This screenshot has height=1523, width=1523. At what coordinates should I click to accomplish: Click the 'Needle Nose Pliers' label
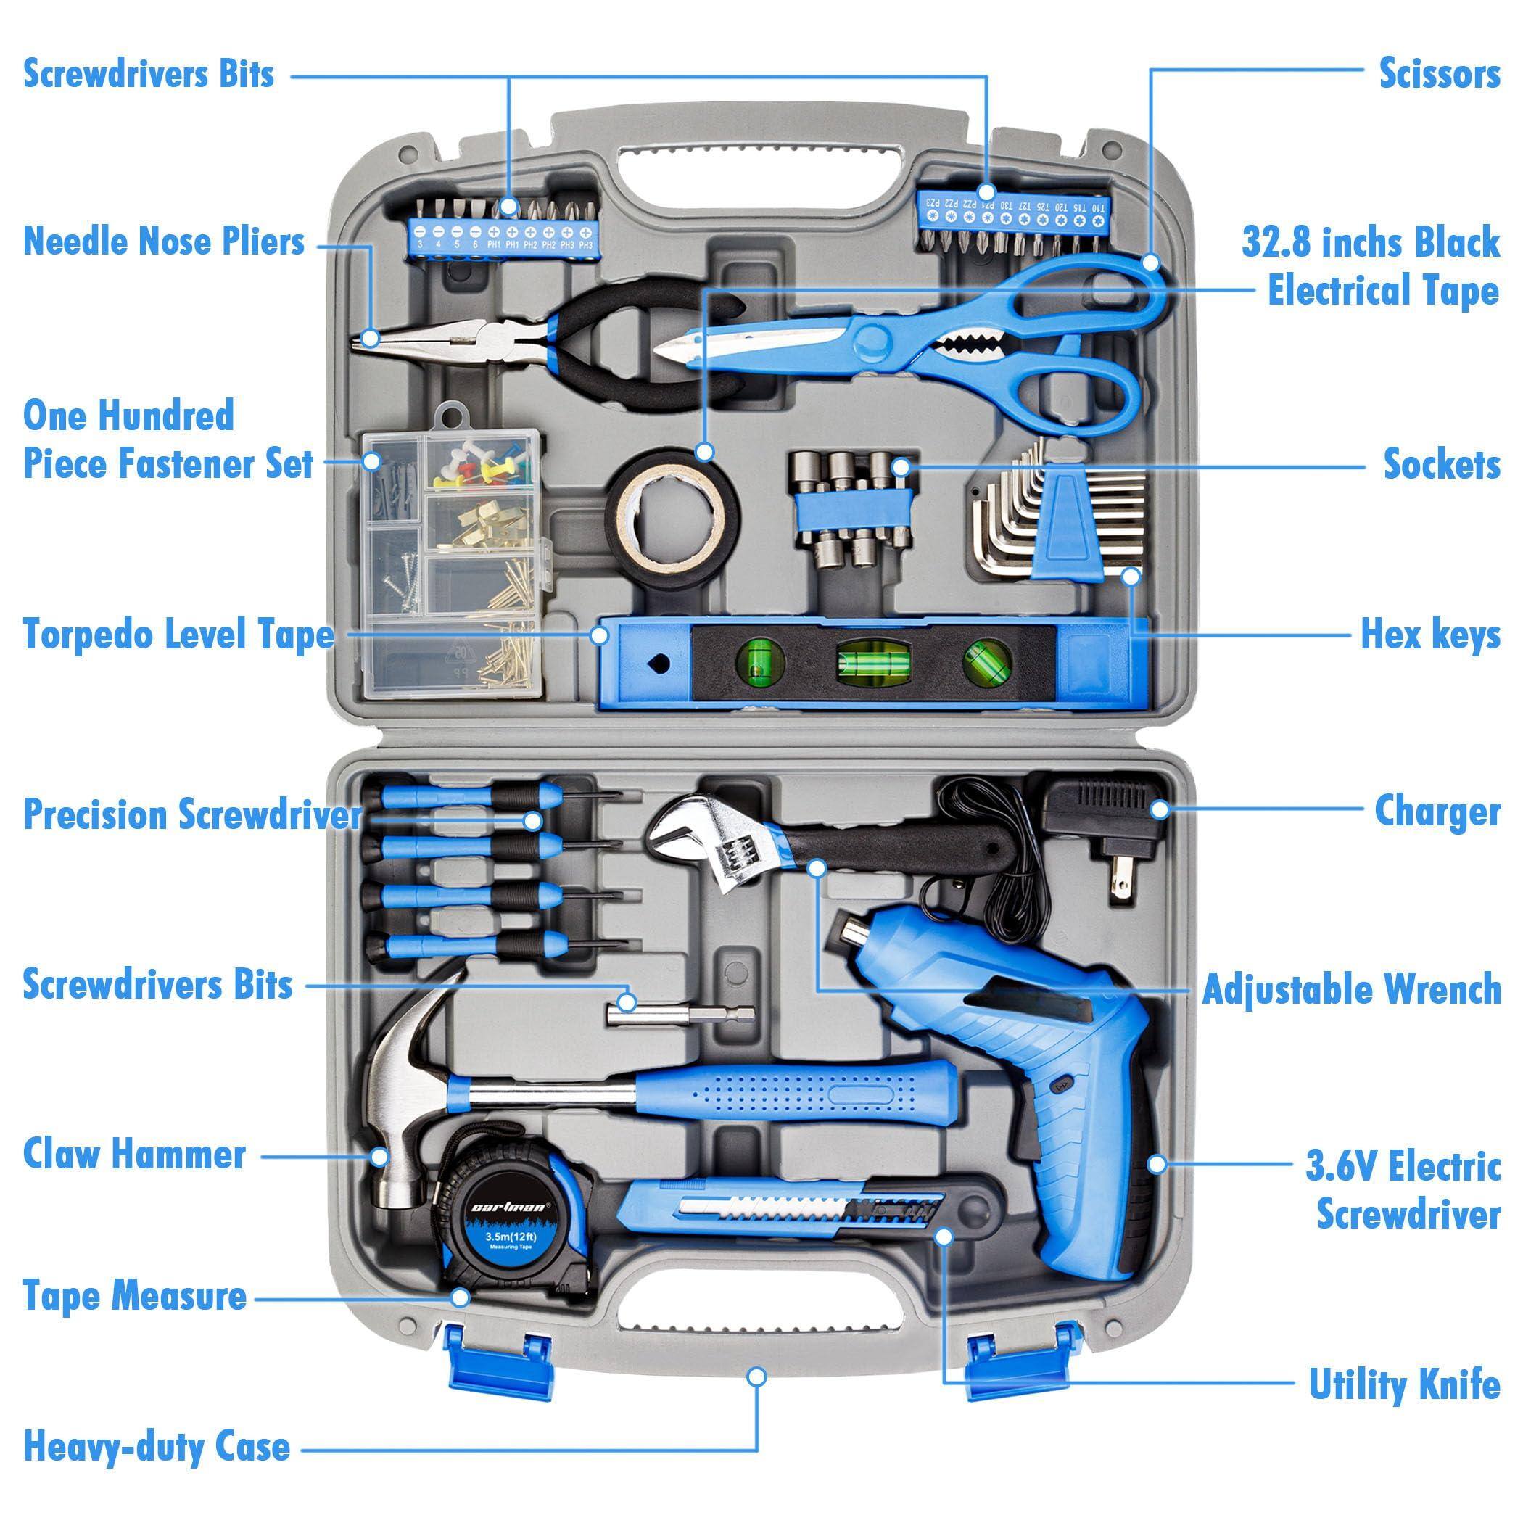[x=163, y=242]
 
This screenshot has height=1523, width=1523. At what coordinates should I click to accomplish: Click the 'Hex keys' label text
[x=1430, y=635]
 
